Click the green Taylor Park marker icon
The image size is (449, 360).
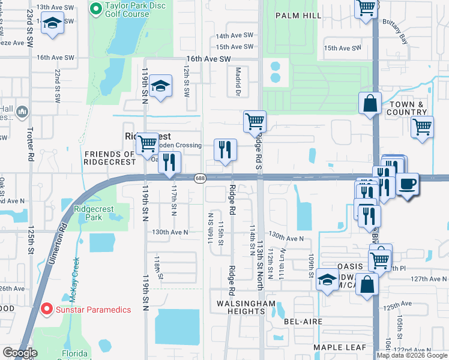[95, 9]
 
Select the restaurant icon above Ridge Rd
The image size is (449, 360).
[226, 150]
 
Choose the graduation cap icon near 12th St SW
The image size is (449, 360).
[161, 86]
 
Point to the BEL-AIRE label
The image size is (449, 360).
[303, 322]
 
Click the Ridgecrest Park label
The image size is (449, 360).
[93, 214]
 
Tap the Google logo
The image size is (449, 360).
[20, 353]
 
